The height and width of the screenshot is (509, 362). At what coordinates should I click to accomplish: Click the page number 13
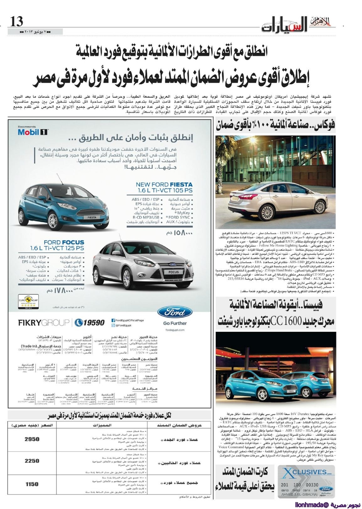click(x=17, y=21)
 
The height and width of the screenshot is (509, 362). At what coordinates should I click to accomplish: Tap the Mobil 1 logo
click(x=33, y=132)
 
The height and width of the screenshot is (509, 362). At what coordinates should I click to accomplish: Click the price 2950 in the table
click(x=32, y=439)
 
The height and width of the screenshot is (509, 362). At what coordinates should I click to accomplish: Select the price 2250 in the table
click(x=32, y=461)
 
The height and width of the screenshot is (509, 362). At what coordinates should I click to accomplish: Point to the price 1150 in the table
click(x=32, y=484)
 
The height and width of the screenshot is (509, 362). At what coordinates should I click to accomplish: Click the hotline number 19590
click(x=90, y=323)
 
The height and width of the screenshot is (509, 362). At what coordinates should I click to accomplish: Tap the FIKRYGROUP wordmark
click(x=43, y=323)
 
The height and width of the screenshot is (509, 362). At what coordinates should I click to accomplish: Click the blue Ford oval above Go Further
click(x=175, y=313)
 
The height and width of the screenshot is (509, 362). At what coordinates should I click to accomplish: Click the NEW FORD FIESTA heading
click(x=164, y=185)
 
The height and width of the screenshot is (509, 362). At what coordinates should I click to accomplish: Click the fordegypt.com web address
click(x=175, y=330)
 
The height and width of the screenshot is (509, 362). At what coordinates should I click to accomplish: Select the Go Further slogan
click(x=175, y=323)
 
